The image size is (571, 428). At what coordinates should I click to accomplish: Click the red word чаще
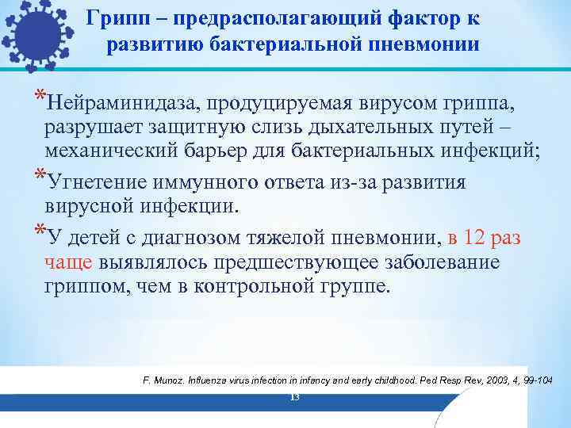coord(70,262)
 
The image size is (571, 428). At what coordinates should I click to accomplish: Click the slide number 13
coord(294,396)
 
